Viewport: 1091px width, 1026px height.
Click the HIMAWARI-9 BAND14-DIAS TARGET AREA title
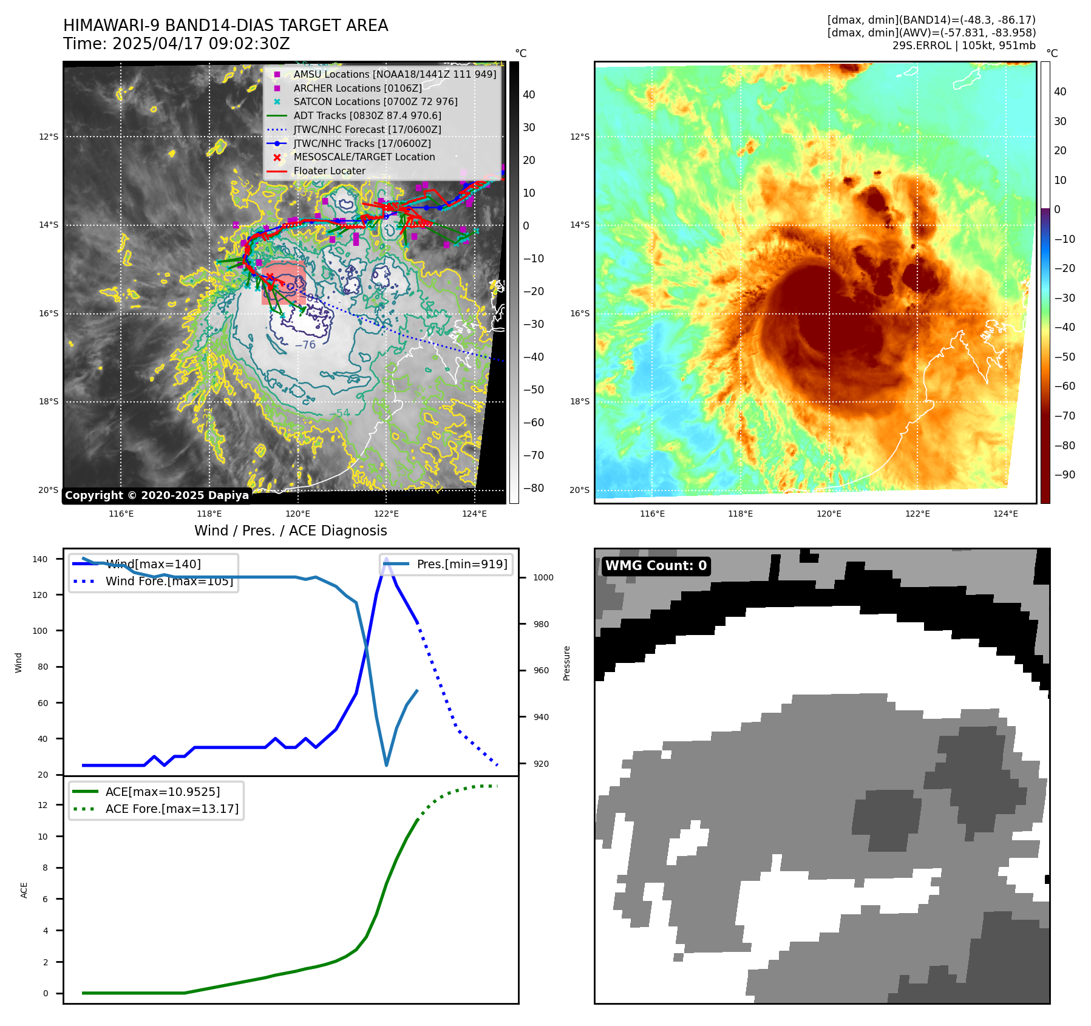coord(225,25)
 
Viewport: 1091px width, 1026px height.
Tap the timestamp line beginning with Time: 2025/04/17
coord(176,44)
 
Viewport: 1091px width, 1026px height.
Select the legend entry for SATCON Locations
coord(375,101)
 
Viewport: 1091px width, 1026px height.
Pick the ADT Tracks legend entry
coord(367,115)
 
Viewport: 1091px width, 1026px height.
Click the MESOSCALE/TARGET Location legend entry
coord(364,157)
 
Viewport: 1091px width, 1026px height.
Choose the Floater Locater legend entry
coord(329,171)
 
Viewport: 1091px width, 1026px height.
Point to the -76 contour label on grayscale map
coord(305,345)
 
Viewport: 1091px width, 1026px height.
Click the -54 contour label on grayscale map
coord(339,413)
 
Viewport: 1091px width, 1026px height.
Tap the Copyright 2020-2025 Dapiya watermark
coord(157,495)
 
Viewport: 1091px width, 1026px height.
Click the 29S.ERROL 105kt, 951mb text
coord(964,46)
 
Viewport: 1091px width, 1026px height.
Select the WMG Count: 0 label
coord(656,566)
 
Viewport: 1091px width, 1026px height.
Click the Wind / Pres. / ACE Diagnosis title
coord(290,531)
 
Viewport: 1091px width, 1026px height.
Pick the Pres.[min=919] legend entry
coord(461,564)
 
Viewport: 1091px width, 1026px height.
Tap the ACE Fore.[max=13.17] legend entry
coord(172,809)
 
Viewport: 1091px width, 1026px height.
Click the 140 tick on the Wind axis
coord(40,559)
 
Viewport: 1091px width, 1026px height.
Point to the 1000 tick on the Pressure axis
coord(543,577)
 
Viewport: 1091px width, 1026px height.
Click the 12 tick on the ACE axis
coord(42,805)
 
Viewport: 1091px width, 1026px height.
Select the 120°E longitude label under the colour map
coord(829,514)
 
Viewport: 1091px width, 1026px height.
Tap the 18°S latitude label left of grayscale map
coord(49,401)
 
